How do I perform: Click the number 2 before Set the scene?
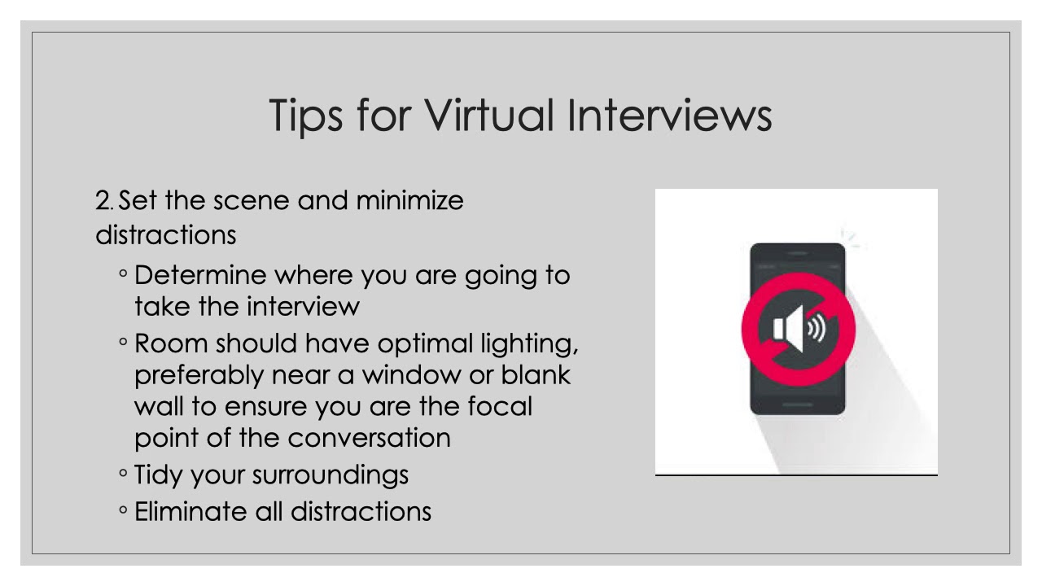click(102, 200)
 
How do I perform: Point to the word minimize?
click(409, 200)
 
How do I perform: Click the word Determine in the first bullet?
click(200, 275)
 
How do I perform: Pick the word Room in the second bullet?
click(170, 343)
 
